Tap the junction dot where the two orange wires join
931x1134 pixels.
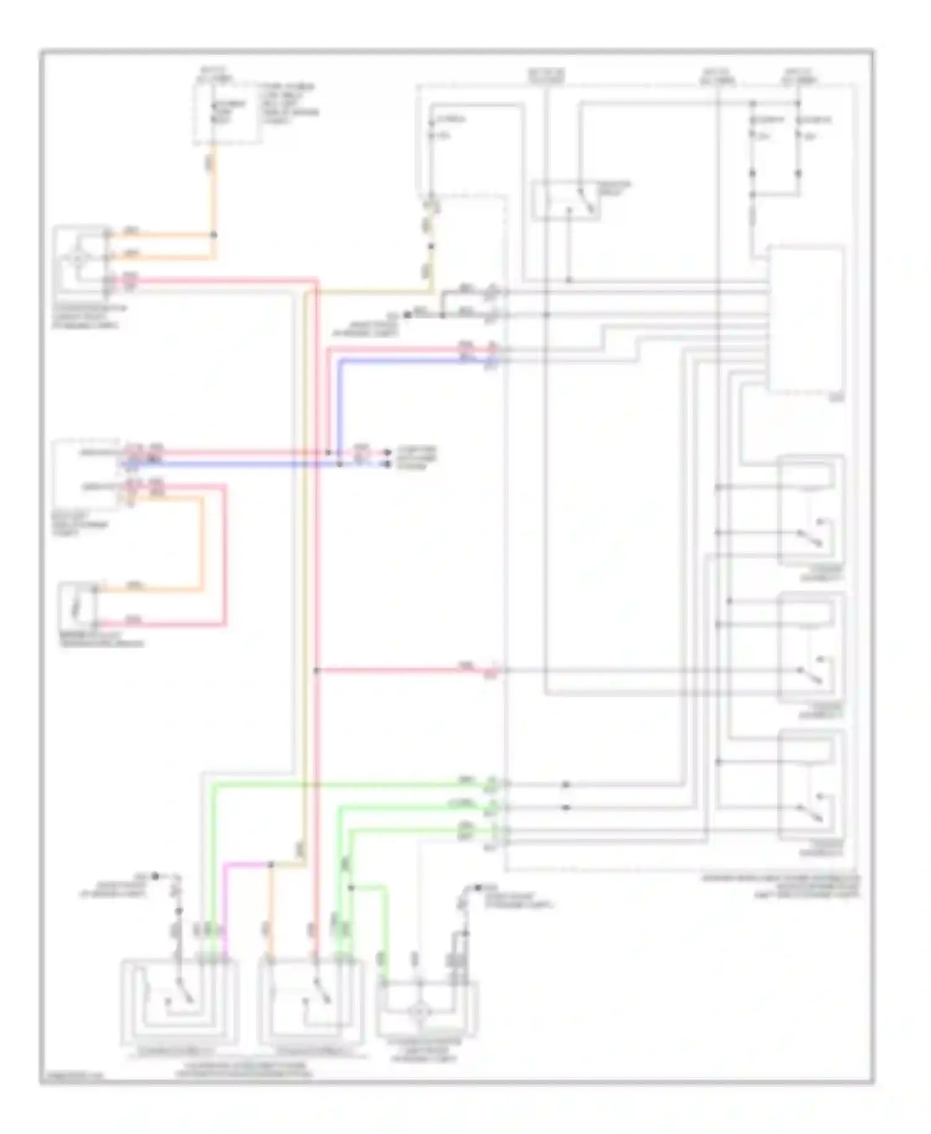[x=214, y=235]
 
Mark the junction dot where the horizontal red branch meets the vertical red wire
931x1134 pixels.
[x=317, y=670]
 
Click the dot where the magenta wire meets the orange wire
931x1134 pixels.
[x=271, y=864]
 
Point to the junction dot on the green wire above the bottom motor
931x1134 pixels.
[x=351, y=888]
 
